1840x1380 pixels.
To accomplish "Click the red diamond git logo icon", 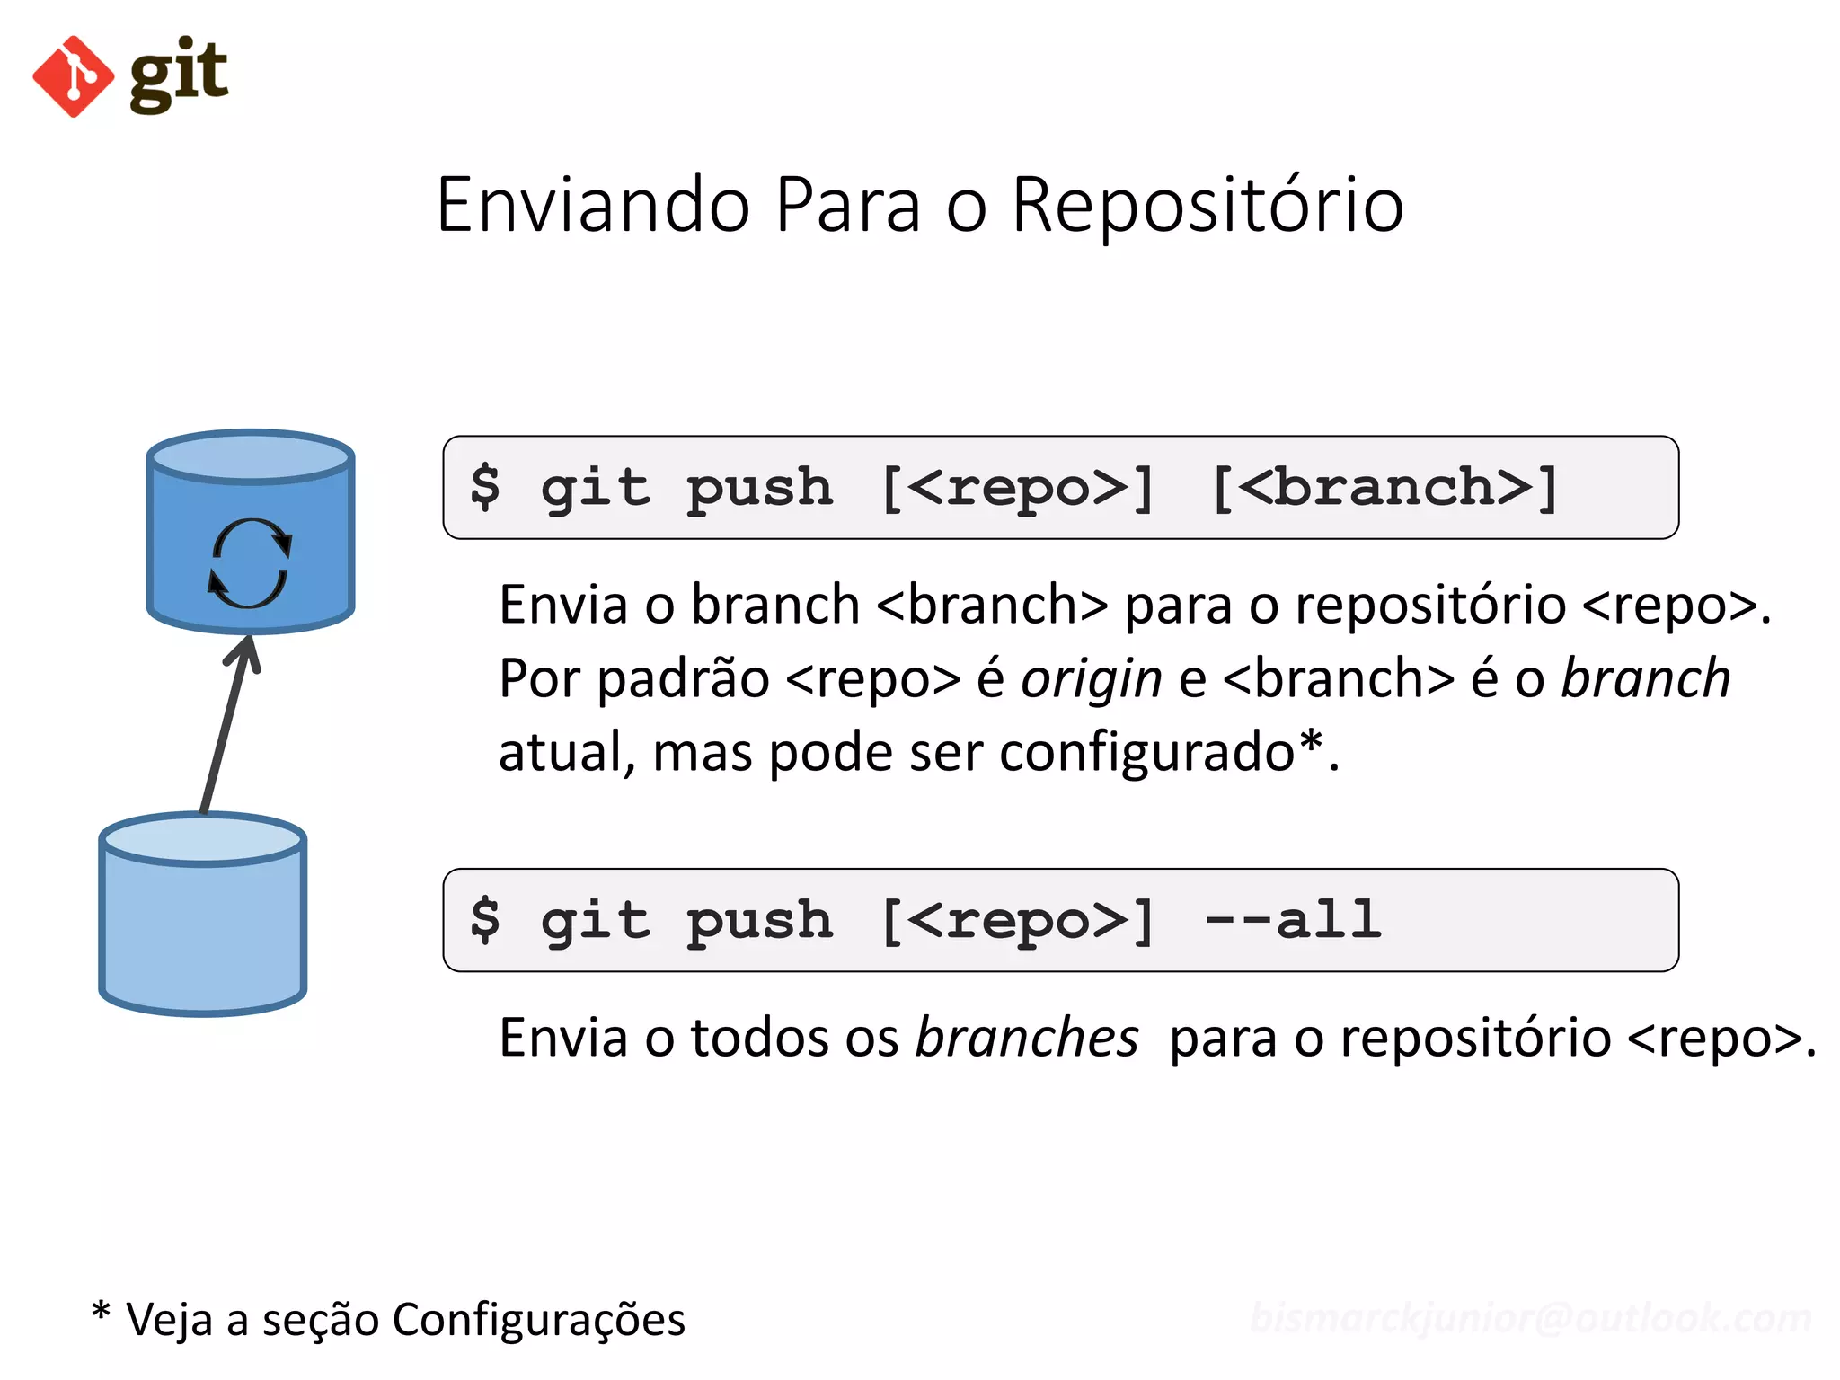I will [73, 76].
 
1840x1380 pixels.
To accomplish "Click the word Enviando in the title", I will [593, 205].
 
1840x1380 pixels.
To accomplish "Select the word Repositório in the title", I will [1207, 205].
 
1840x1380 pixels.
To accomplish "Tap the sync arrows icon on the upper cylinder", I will [250, 563].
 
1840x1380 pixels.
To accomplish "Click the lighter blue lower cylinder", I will [203, 925].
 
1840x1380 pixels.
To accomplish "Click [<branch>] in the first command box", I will [1384, 488].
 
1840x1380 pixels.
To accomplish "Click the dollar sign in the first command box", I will [485, 488].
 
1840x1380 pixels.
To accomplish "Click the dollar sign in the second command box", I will [485, 920].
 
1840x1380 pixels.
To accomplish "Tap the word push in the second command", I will [759, 922].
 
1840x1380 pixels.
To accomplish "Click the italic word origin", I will [1092, 679].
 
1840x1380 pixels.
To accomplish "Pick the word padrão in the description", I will [683, 678].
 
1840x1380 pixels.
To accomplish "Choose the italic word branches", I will [1027, 1038].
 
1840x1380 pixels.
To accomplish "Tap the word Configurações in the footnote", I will [538, 1320].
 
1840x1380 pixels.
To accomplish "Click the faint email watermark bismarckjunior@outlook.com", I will [1530, 1318].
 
